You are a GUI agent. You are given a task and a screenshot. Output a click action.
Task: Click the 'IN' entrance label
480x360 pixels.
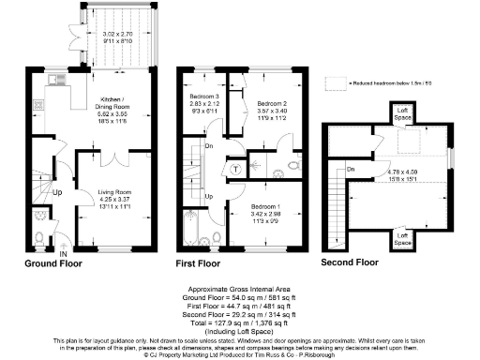64,254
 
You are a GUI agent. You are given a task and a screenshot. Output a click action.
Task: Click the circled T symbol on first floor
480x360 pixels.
236,170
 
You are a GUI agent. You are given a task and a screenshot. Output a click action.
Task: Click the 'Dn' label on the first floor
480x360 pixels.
209,145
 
